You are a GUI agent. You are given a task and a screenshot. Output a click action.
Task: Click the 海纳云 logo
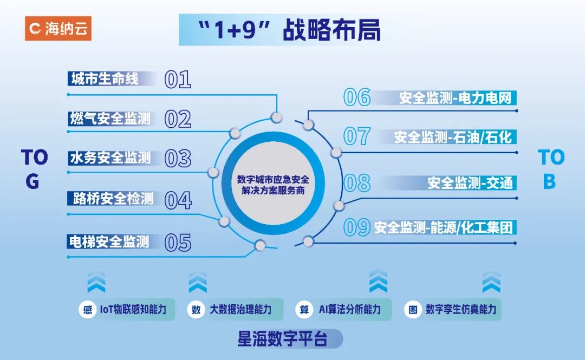(58, 28)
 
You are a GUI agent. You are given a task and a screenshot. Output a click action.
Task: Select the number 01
(178, 80)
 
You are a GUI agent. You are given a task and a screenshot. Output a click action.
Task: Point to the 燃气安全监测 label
(110, 119)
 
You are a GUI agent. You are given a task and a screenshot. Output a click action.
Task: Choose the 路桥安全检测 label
(113, 199)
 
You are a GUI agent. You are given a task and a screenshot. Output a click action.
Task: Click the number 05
(178, 243)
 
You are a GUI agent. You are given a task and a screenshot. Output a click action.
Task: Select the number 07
(357, 137)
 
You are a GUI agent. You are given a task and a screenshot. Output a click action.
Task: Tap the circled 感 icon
(87, 310)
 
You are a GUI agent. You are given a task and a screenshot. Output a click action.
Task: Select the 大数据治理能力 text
(240, 310)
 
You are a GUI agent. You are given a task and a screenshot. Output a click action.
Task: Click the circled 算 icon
(304, 310)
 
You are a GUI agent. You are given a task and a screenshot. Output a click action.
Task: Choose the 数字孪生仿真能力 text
(460, 310)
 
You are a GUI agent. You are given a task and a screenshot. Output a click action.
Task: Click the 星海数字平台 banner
(283, 340)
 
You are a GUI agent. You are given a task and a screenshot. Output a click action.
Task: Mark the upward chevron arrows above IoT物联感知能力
(96, 282)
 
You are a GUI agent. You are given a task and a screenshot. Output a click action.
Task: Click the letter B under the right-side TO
(549, 182)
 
